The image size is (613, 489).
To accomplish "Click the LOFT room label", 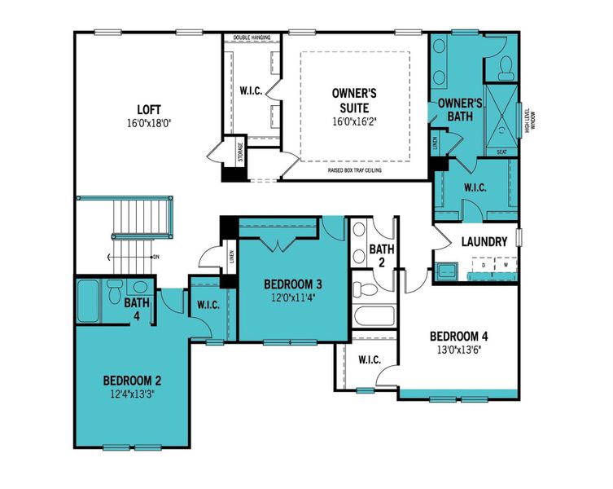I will [149, 109].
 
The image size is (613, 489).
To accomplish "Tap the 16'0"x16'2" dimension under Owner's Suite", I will [354, 121].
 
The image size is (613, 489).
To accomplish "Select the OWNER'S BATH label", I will [461, 110].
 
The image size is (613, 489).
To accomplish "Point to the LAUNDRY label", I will [484, 242].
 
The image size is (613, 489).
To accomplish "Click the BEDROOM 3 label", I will [293, 284].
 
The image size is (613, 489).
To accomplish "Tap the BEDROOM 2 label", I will [132, 380].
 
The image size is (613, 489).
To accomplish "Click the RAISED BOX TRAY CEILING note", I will [356, 171].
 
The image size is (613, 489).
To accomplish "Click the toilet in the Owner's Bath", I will [506, 68].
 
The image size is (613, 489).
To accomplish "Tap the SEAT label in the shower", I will [501, 152].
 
